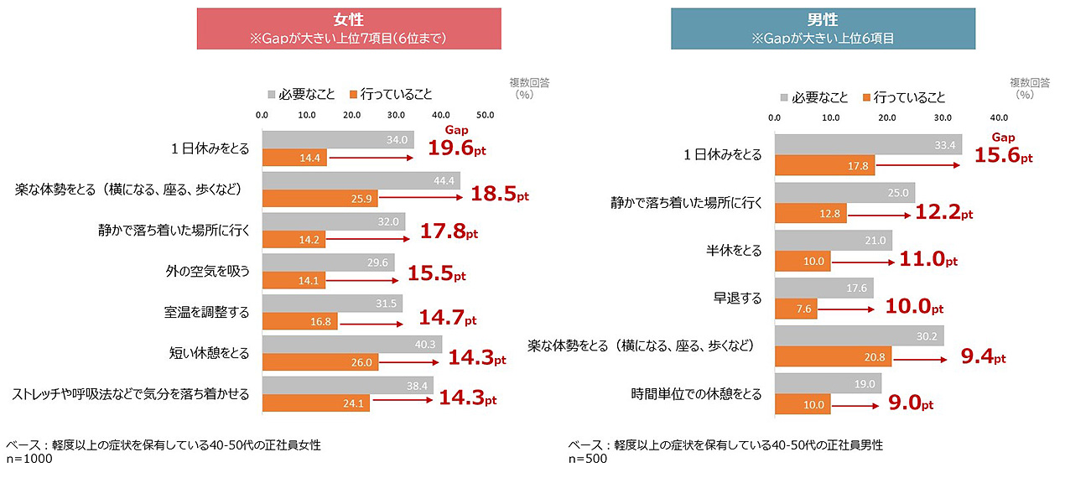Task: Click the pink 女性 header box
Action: (x=349, y=29)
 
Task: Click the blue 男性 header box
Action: (x=823, y=29)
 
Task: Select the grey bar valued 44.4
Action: (x=361, y=180)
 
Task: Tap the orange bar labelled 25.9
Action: (x=320, y=199)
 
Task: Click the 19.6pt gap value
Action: (x=457, y=148)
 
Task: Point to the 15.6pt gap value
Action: (x=1004, y=156)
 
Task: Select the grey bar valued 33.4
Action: (x=868, y=145)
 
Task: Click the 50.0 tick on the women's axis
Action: (x=485, y=115)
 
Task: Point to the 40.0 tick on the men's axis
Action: (x=999, y=118)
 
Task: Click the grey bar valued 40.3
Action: (x=352, y=345)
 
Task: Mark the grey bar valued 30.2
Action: (x=860, y=335)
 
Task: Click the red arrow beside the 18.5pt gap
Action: (x=420, y=199)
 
